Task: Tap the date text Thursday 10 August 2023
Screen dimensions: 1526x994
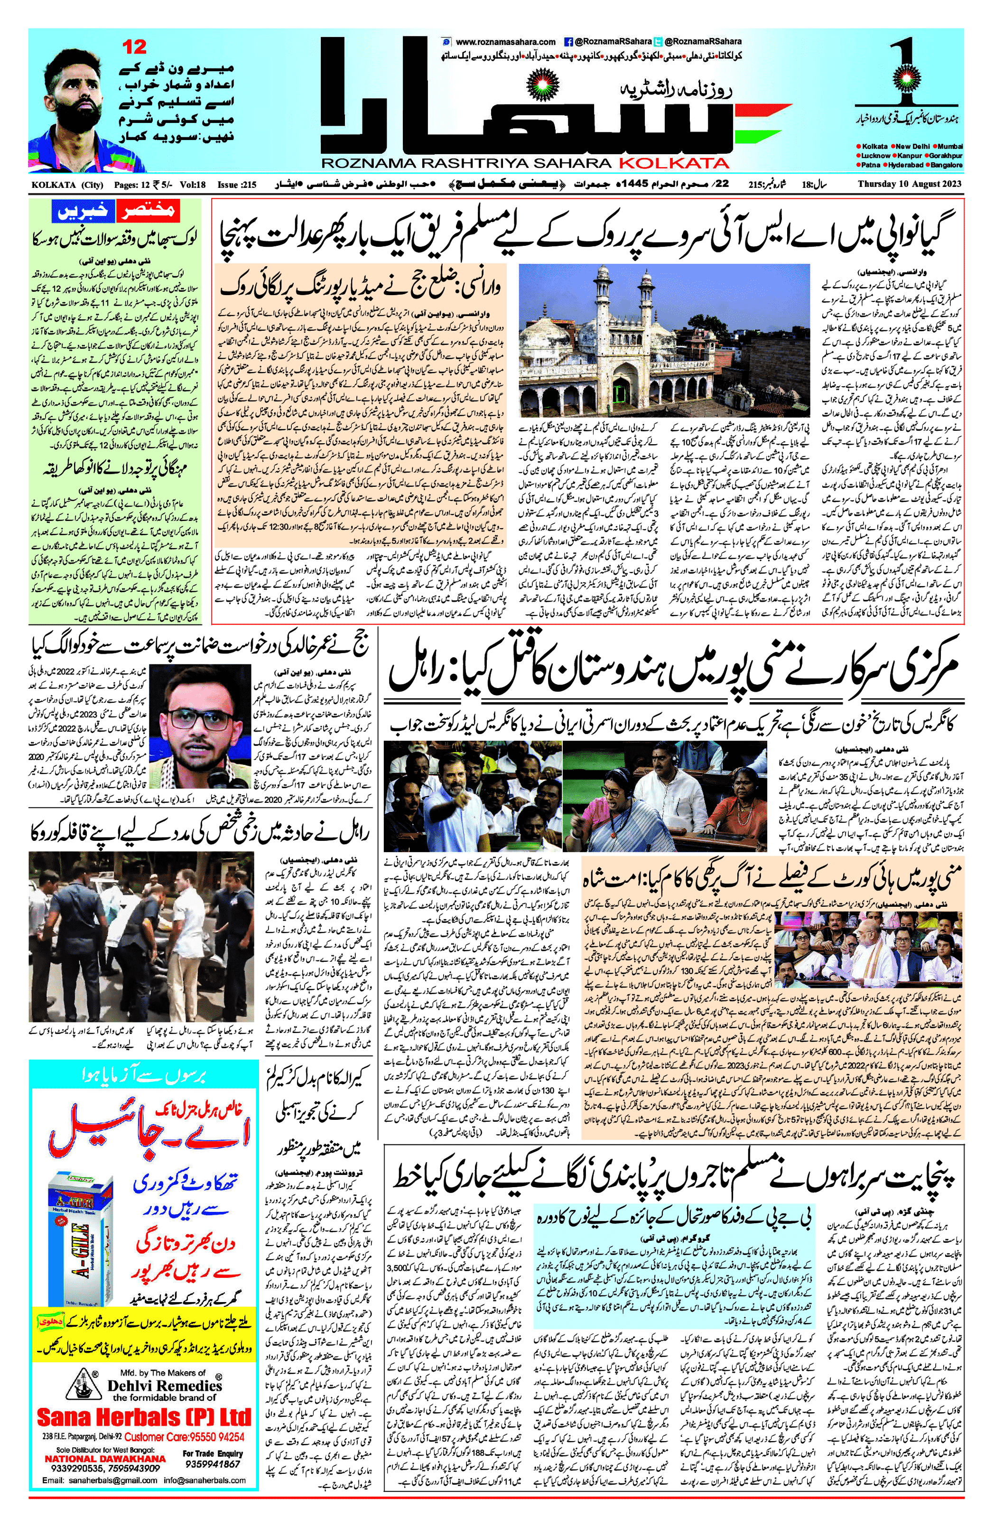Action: (910, 185)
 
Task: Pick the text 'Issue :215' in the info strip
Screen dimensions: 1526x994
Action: (237, 185)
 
